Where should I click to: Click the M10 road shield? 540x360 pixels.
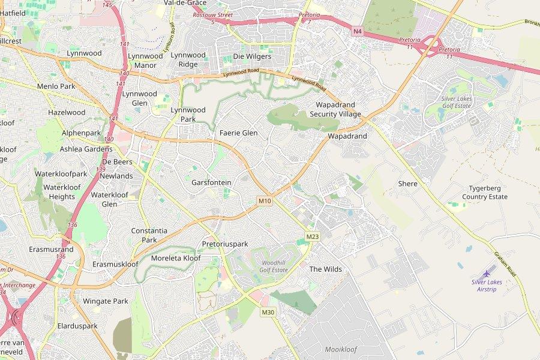265,200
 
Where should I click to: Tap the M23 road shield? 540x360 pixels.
312,237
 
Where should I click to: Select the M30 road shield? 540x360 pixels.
268,312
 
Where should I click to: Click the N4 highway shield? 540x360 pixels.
358,31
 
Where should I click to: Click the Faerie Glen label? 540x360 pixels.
238,133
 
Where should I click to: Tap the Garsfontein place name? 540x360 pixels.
211,182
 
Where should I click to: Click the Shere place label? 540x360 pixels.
407,184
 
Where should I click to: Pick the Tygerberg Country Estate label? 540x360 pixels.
485,192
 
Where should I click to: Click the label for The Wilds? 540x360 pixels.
325,269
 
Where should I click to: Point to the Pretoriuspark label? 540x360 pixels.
225,244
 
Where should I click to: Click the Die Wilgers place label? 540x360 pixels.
252,56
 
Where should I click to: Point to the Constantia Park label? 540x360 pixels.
149,235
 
